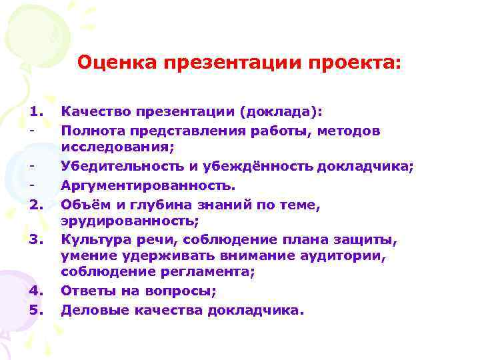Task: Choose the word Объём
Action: pos(79,203)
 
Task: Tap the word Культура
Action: pos(91,239)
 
